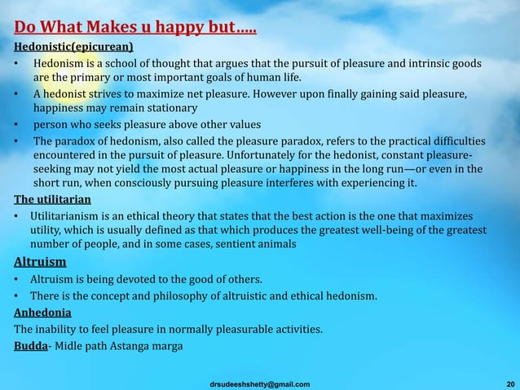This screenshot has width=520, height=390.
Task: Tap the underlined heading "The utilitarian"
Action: [x=52, y=198]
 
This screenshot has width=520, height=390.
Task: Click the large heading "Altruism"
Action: [x=41, y=262]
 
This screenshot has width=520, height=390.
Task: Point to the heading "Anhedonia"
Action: [x=42, y=312]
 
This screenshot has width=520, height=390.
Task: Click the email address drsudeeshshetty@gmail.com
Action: [x=259, y=383]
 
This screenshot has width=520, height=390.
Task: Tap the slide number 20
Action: [x=509, y=383]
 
